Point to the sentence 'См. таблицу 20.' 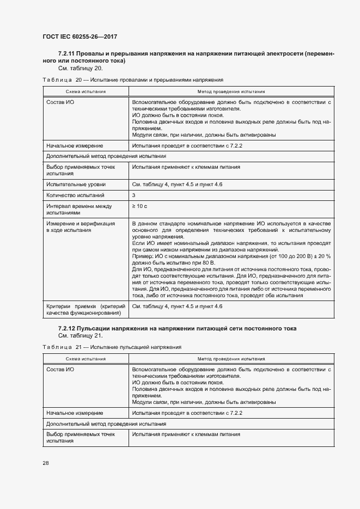coord(80,69)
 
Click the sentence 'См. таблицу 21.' coord(80,336)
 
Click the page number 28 coord(46,463)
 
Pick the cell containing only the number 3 coord(134,195)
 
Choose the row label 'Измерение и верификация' coord(80,224)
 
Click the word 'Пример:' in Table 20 coord(143,255)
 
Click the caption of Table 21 coord(112,347)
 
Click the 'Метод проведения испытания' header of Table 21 coord(231,359)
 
